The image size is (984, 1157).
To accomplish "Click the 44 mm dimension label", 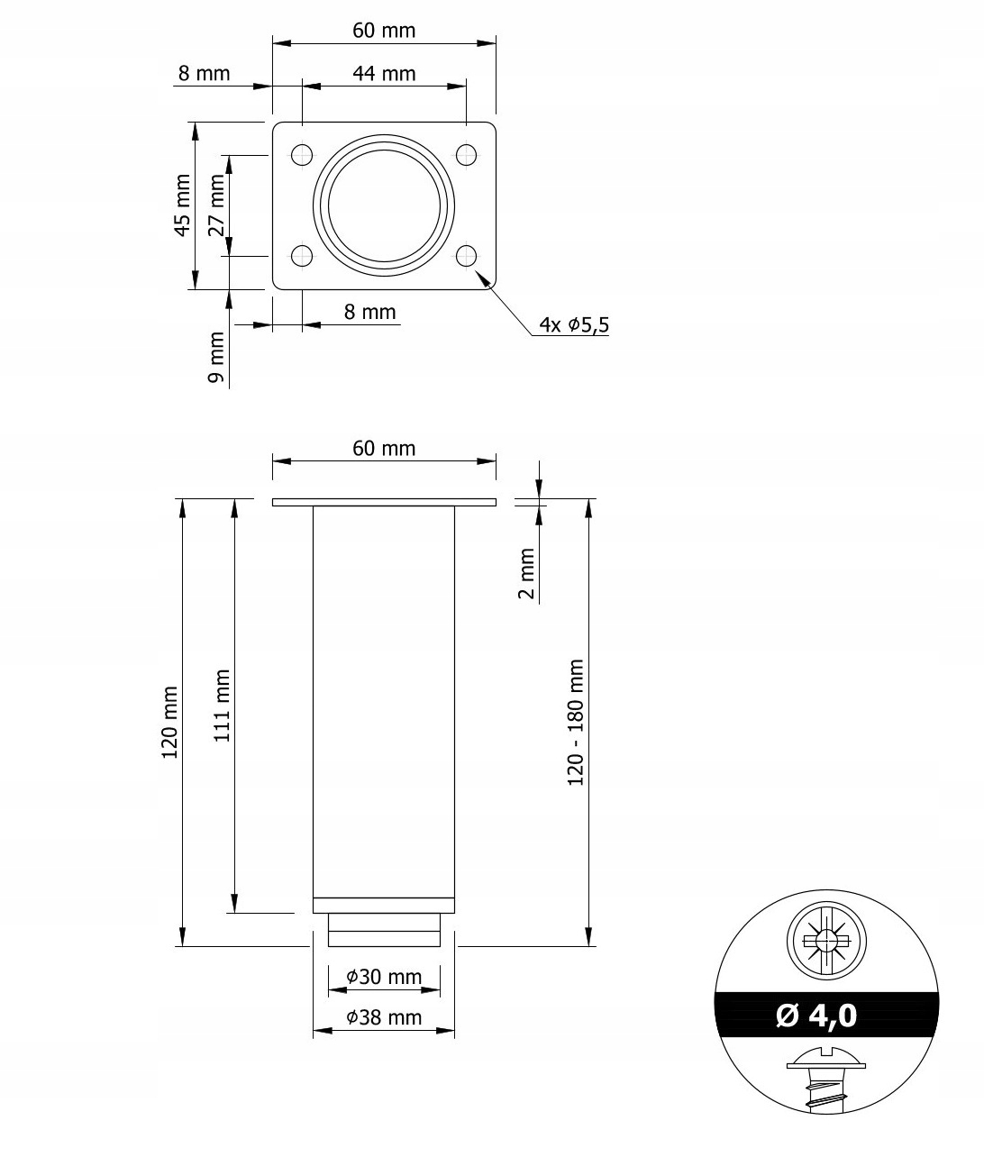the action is [384, 73].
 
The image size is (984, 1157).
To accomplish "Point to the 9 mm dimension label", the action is [216, 357].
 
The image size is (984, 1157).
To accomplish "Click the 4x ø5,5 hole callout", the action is [574, 324].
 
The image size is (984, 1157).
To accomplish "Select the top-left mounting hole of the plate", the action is [302, 155].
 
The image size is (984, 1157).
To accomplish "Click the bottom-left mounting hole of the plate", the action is [302, 256].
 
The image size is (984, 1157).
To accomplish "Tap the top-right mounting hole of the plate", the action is [466, 155].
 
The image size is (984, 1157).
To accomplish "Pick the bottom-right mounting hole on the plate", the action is [466, 256].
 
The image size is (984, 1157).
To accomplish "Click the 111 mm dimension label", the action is [223, 705].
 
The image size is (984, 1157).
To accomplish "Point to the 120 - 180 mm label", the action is [576, 722].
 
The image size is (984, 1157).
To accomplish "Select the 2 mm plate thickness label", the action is [527, 573].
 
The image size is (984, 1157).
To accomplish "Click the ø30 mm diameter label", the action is [384, 976].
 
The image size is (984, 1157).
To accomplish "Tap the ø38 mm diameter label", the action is [384, 1017].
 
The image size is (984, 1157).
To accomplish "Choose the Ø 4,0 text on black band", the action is [816, 1016].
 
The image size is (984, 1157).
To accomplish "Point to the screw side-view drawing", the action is [825, 1079].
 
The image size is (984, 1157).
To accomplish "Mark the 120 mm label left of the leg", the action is [169, 722].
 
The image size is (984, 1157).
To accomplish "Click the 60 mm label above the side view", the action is [384, 448].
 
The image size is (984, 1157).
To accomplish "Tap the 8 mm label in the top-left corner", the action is [204, 73].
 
